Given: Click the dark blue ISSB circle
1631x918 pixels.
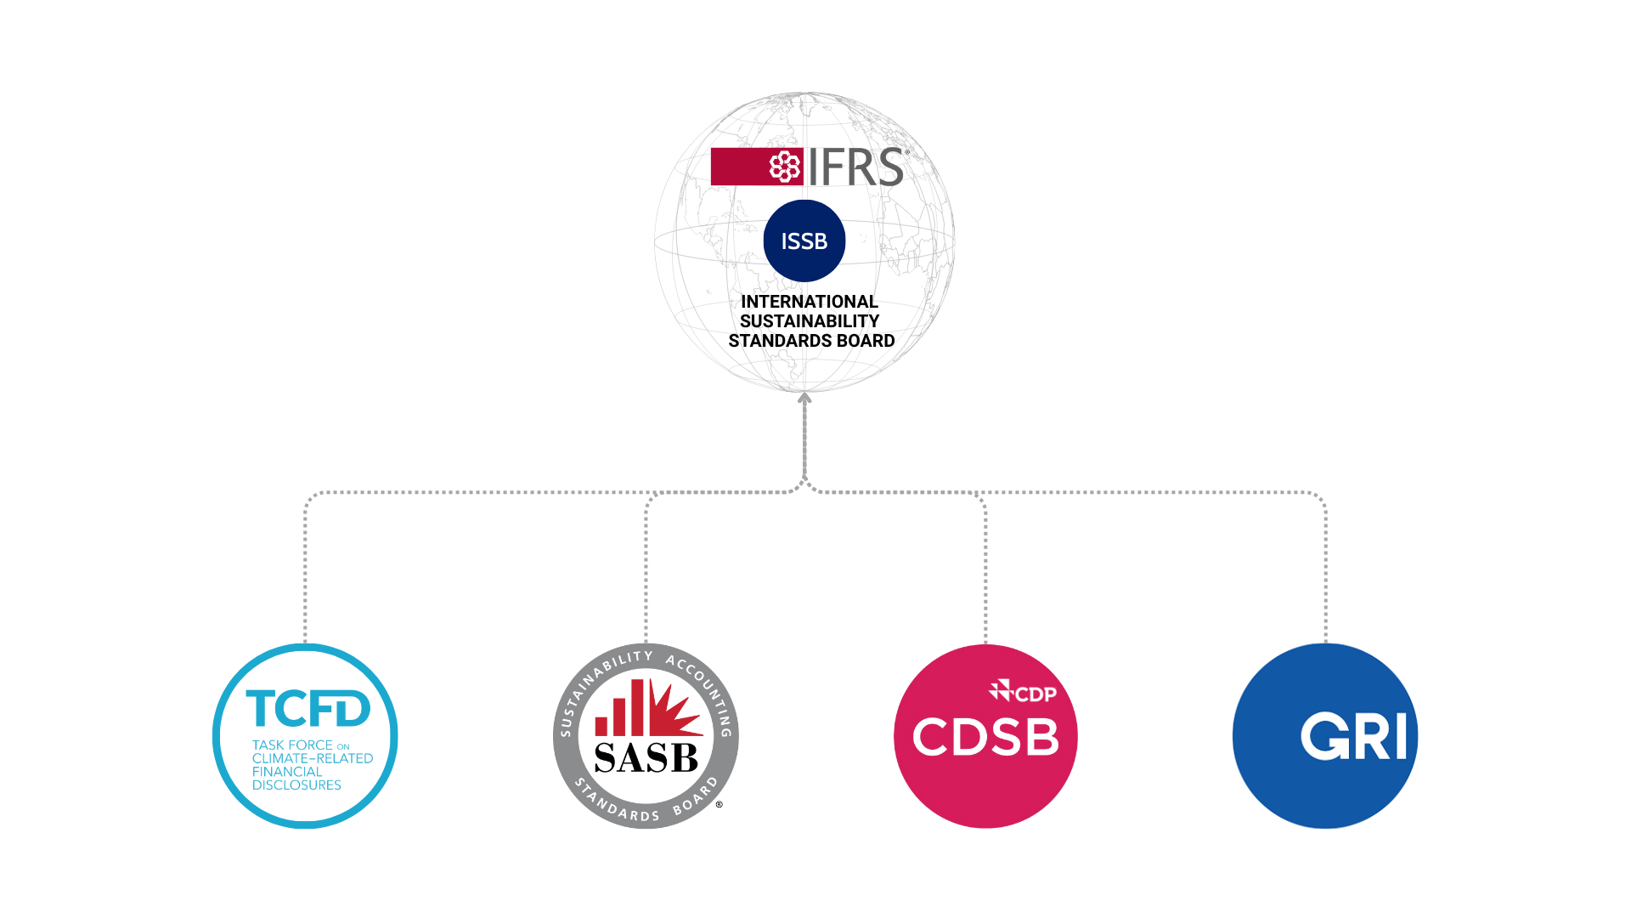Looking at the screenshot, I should click(x=804, y=241).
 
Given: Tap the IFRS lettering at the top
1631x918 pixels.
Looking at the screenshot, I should click(x=855, y=167).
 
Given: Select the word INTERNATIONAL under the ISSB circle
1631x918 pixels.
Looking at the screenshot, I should click(x=809, y=302).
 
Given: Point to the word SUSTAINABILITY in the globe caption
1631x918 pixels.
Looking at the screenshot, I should click(x=809, y=321).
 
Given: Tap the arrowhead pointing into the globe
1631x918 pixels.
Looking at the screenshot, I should click(x=804, y=398).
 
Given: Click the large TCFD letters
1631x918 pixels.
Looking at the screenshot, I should click(x=308, y=709).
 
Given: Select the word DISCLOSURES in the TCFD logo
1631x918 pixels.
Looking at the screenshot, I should click(x=296, y=785).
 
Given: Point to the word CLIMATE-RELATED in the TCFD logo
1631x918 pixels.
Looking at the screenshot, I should click(x=312, y=758).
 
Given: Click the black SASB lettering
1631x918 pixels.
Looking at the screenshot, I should click(x=646, y=757).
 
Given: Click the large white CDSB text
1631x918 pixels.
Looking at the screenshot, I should click(x=985, y=737).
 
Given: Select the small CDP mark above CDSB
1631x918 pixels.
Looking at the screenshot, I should click(x=1023, y=693).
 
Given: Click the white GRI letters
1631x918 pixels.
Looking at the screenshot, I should click(x=1353, y=737).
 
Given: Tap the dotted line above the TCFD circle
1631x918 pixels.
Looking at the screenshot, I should click(x=306, y=569).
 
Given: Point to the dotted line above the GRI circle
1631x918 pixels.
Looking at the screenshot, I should click(x=1325, y=569).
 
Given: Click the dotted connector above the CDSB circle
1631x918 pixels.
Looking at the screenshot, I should click(x=985, y=569).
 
